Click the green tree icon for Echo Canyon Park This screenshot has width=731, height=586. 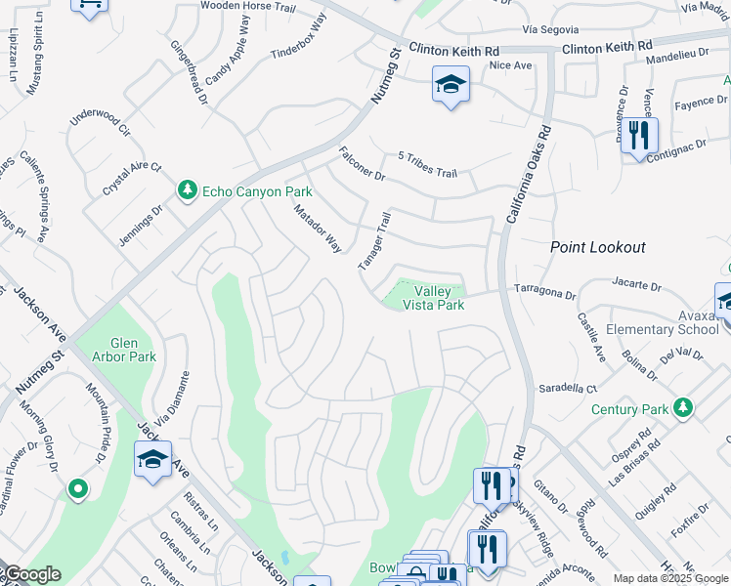(x=187, y=191)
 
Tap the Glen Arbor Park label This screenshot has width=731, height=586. (x=118, y=350)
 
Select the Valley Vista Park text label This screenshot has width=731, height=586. (x=439, y=298)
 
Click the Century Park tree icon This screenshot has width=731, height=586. (x=685, y=407)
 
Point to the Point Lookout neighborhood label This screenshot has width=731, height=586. (x=597, y=248)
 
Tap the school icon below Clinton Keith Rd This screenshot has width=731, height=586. (x=451, y=86)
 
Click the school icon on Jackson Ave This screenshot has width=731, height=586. (x=153, y=460)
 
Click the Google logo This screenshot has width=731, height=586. (x=31, y=574)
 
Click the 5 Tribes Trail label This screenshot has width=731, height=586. (x=427, y=165)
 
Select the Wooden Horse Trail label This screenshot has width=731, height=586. (x=247, y=5)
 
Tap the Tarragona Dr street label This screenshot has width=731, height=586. (x=547, y=291)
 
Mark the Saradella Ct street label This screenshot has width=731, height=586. (x=568, y=389)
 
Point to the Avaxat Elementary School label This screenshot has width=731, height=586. (x=662, y=322)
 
